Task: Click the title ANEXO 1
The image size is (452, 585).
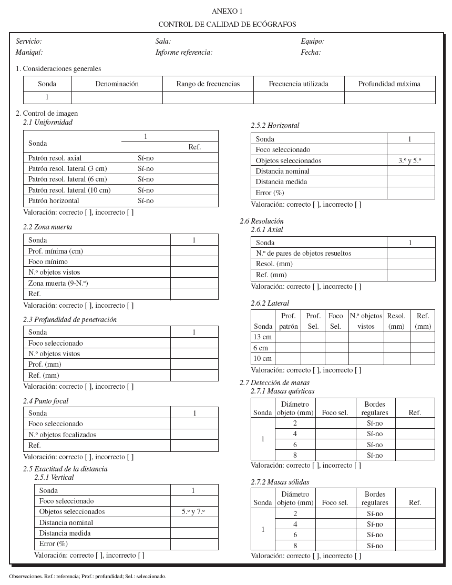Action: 227,11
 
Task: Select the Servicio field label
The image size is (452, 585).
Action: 29,41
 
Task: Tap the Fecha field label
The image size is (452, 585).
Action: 311,52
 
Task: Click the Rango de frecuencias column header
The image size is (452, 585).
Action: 208,84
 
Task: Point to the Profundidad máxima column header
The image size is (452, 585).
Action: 389,84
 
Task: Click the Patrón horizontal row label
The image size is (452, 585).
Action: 54,200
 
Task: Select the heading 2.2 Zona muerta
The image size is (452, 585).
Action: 47,227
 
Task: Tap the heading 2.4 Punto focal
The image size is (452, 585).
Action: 46,401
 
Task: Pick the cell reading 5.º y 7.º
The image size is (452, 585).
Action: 193,511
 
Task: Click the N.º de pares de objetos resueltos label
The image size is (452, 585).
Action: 303,253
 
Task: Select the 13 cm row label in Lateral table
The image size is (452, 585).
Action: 263,337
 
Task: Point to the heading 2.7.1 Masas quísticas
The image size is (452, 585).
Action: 283,391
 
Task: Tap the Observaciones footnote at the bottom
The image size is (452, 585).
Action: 87,576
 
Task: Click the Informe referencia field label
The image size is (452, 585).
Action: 184,52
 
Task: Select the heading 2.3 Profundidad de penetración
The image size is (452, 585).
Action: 70,319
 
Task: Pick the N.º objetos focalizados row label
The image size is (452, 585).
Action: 63,435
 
